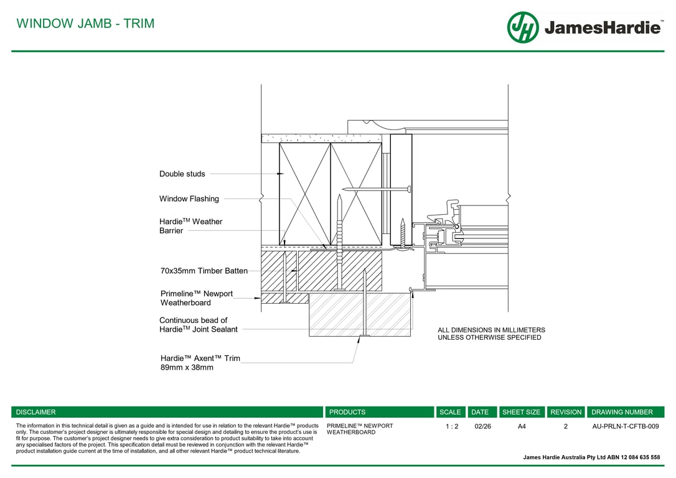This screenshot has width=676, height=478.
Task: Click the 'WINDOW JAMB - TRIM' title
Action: click(x=85, y=23)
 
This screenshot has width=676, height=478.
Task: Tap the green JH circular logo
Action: click(x=522, y=27)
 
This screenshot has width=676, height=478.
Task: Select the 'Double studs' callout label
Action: click(x=182, y=174)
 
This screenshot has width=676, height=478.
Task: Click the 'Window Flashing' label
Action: click(x=189, y=199)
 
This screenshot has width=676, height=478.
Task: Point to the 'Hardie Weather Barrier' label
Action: click(x=190, y=226)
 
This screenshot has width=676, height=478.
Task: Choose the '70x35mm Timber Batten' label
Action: click(x=204, y=271)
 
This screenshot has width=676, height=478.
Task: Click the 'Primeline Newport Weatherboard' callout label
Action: click(x=197, y=298)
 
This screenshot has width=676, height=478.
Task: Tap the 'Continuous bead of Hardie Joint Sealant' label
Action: click(x=199, y=324)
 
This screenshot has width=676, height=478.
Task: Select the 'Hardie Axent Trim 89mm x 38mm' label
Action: click(x=200, y=362)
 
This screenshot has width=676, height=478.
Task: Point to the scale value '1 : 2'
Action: click(x=452, y=426)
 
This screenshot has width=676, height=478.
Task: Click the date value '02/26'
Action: click(x=482, y=426)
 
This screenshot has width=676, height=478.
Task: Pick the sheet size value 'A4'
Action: click(x=522, y=426)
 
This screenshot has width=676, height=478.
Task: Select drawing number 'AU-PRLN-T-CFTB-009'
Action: click(x=626, y=426)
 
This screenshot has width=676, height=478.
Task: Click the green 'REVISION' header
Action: click(x=566, y=412)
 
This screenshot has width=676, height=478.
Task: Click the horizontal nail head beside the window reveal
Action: click(x=409, y=189)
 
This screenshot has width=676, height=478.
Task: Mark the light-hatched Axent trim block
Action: click(x=360, y=315)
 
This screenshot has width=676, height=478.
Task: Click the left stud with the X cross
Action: click(x=305, y=194)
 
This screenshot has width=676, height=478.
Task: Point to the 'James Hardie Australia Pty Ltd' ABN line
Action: click(x=591, y=457)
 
